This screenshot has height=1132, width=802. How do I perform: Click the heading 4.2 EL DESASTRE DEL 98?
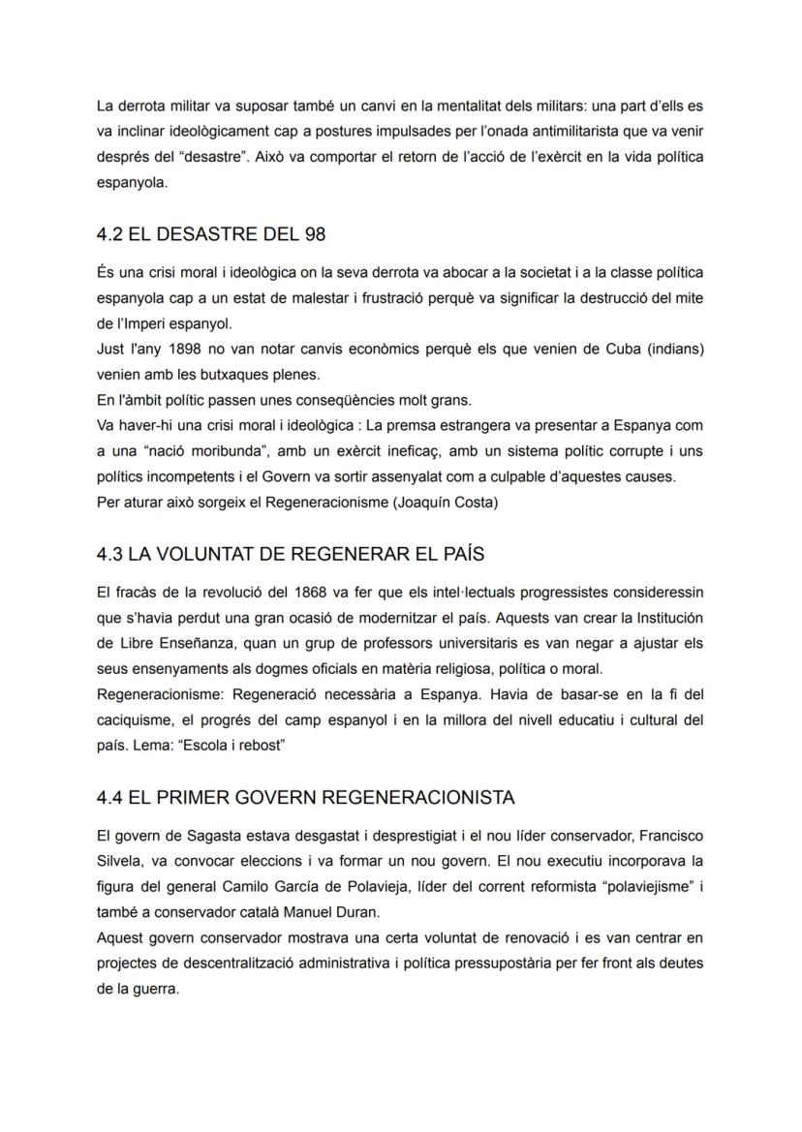(x=211, y=234)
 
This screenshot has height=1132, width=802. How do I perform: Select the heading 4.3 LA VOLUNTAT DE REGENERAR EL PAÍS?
(x=291, y=554)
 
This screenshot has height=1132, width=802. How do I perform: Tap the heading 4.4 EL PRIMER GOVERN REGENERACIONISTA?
(x=305, y=797)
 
